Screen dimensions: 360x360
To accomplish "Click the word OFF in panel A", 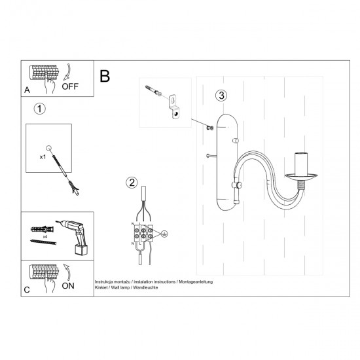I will tap(71, 86).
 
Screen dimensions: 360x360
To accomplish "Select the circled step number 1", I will tap(40, 109).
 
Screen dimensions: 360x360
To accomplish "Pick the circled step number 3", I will tap(222, 95).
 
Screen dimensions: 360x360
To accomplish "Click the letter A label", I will tap(26, 90).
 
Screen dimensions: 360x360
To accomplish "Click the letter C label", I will tap(26, 289).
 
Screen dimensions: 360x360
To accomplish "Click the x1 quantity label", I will tap(43, 157).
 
